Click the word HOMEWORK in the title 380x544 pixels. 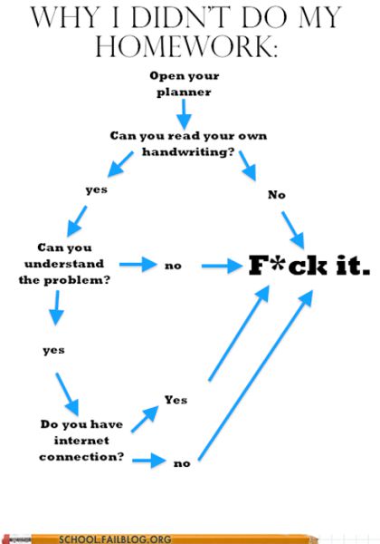(x=185, y=46)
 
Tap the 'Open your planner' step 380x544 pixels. (x=184, y=84)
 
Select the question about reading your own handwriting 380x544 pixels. (x=188, y=143)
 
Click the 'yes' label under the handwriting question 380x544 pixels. (x=97, y=189)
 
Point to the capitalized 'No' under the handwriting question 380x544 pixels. (x=277, y=195)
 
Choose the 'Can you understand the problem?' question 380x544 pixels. (x=64, y=264)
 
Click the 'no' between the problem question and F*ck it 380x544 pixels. (x=173, y=266)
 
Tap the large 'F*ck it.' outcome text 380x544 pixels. (x=309, y=266)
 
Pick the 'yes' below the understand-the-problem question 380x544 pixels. (x=53, y=350)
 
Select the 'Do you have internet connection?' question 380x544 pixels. (x=81, y=441)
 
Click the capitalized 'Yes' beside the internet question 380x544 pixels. (x=176, y=400)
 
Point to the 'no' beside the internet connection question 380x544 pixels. (x=182, y=463)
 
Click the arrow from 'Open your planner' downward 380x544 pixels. (x=184, y=114)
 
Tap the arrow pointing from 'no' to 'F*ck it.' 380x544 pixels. (x=223, y=266)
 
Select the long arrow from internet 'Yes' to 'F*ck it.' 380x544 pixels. (x=239, y=334)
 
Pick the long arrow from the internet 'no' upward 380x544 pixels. (x=255, y=375)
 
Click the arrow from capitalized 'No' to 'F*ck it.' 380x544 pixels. (x=293, y=230)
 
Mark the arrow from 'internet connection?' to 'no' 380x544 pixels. (x=149, y=461)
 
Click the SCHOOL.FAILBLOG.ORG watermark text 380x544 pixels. (x=115, y=539)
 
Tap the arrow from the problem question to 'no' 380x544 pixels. (x=138, y=265)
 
